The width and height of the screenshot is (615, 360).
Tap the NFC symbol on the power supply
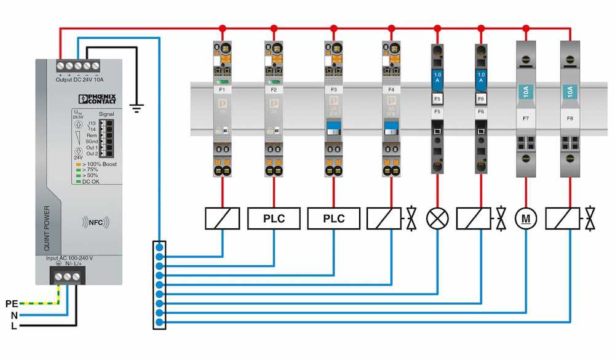pyautogui.click(x=95, y=222)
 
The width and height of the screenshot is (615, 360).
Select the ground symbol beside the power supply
pyautogui.click(x=137, y=108)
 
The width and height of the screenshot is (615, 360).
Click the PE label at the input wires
pyautogui.click(x=12, y=303)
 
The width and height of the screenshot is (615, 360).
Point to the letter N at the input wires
pyautogui.click(x=14, y=314)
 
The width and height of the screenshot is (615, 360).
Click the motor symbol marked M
pyautogui.click(x=526, y=218)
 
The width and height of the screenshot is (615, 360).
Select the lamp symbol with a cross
pyautogui.click(x=437, y=218)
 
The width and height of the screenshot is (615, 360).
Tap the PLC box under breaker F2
pyautogui.click(x=274, y=218)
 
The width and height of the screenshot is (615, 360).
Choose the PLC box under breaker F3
pyautogui.click(x=333, y=218)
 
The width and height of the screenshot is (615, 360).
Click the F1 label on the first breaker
pyautogui.click(x=222, y=90)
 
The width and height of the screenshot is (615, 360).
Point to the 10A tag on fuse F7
pyautogui.click(x=526, y=92)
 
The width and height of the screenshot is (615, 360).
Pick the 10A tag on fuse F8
pyautogui.click(x=570, y=92)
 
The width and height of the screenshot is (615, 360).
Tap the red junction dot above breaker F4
pyautogui.click(x=391, y=28)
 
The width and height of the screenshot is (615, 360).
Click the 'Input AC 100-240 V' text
pyautogui.click(x=69, y=258)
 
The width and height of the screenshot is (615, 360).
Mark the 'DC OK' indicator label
pyautogui.click(x=90, y=181)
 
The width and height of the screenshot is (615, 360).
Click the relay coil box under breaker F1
pyautogui.click(x=222, y=218)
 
